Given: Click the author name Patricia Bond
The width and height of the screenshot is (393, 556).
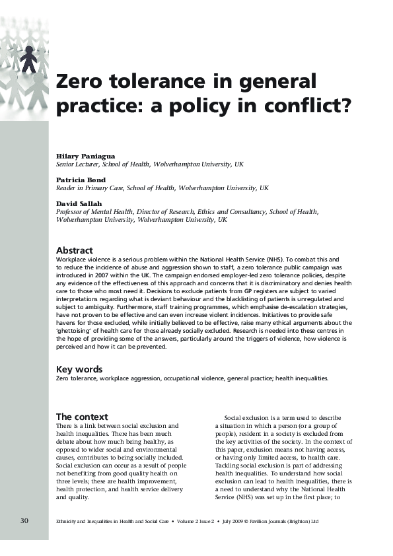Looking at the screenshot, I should pyautogui.click(x=81, y=179).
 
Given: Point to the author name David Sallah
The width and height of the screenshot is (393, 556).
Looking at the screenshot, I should pyautogui.click(x=79, y=203).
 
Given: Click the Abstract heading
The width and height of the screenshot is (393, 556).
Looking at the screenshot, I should pyautogui.click(x=74, y=250).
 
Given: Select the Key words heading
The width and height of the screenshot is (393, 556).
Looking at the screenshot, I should pyautogui.click(x=79, y=369).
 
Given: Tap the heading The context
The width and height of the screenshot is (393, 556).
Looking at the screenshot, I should pyautogui.click(x=82, y=417).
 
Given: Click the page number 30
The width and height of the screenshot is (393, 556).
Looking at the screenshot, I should pyautogui.click(x=24, y=521).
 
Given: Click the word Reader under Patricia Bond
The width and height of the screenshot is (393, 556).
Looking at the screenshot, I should pyautogui.click(x=66, y=188).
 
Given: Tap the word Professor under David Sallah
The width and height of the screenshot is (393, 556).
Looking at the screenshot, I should pyautogui.click(x=70, y=212).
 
